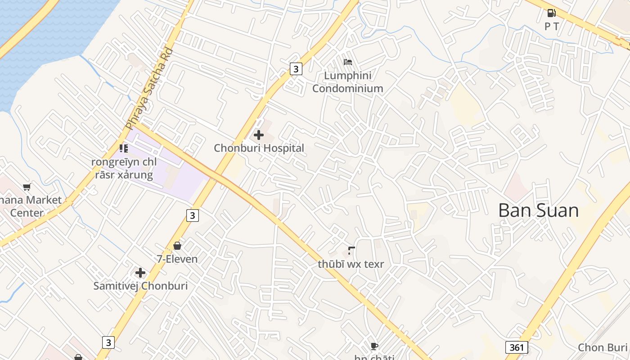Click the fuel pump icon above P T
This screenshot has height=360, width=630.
pyautogui.click(x=551, y=13)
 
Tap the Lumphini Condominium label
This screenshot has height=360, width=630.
pyautogui.click(x=348, y=82)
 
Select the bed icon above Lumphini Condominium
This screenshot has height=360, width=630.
pyautogui.click(x=348, y=62)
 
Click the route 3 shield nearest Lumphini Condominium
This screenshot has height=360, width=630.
pyautogui.click(x=295, y=69)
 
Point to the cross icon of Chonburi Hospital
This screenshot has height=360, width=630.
pyautogui.click(x=259, y=135)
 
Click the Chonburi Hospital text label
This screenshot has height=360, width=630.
pyautogui.click(x=259, y=148)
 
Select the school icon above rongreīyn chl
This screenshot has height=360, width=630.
pyautogui.click(x=124, y=148)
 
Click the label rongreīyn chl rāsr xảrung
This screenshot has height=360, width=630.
pyautogui.click(x=124, y=168)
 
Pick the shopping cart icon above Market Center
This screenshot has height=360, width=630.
pyautogui.click(x=27, y=187)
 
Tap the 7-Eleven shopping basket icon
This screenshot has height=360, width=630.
pyautogui.click(x=177, y=246)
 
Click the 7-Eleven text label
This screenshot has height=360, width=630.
pyautogui.click(x=177, y=259)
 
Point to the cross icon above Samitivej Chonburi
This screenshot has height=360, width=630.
pyautogui.click(x=140, y=273)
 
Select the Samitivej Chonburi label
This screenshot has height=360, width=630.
pyautogui.click(x=140, y=286)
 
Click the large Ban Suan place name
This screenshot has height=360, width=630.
pyautogui.click(x=538, y=211)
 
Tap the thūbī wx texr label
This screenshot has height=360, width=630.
pyautogui.click(x=351, y=264)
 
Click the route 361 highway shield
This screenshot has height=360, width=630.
pyautogui.click(x=517, y=347)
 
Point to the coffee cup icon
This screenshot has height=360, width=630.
pyautogui.click(x=374, y=346)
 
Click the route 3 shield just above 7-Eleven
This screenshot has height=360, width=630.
pyautogui.click(x=193, y=216)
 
